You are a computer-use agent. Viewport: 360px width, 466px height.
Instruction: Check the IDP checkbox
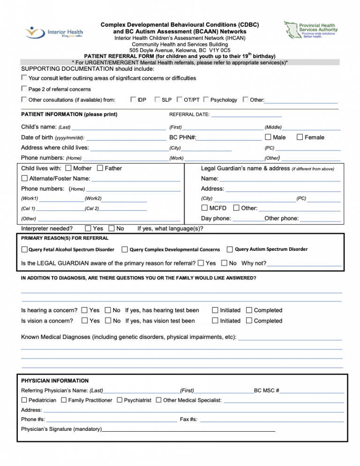coord(133,99)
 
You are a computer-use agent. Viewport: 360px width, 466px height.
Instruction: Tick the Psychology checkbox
coord(206,99)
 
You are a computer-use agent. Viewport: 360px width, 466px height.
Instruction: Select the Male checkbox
coord(268,137)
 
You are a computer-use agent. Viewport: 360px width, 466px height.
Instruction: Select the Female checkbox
coord(300,137)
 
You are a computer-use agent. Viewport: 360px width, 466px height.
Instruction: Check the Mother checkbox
coord(68,168)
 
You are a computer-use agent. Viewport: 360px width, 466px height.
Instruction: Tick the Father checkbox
coord(100,168)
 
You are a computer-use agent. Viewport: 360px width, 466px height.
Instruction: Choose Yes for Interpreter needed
coord(88,229)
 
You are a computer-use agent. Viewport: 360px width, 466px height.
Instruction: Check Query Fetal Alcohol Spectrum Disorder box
coord(24,249)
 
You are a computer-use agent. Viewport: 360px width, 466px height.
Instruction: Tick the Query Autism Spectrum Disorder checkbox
coord(230,249)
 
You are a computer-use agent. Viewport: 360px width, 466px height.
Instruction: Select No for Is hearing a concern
coord(108,310)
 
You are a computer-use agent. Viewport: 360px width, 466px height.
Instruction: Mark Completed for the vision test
coord(249,321)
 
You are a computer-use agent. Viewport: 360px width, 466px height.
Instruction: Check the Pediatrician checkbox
coord(24,400)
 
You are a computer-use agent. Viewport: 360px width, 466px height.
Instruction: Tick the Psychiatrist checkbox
coord(120,400)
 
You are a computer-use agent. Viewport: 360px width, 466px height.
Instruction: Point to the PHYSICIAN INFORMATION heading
coord(55,381)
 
